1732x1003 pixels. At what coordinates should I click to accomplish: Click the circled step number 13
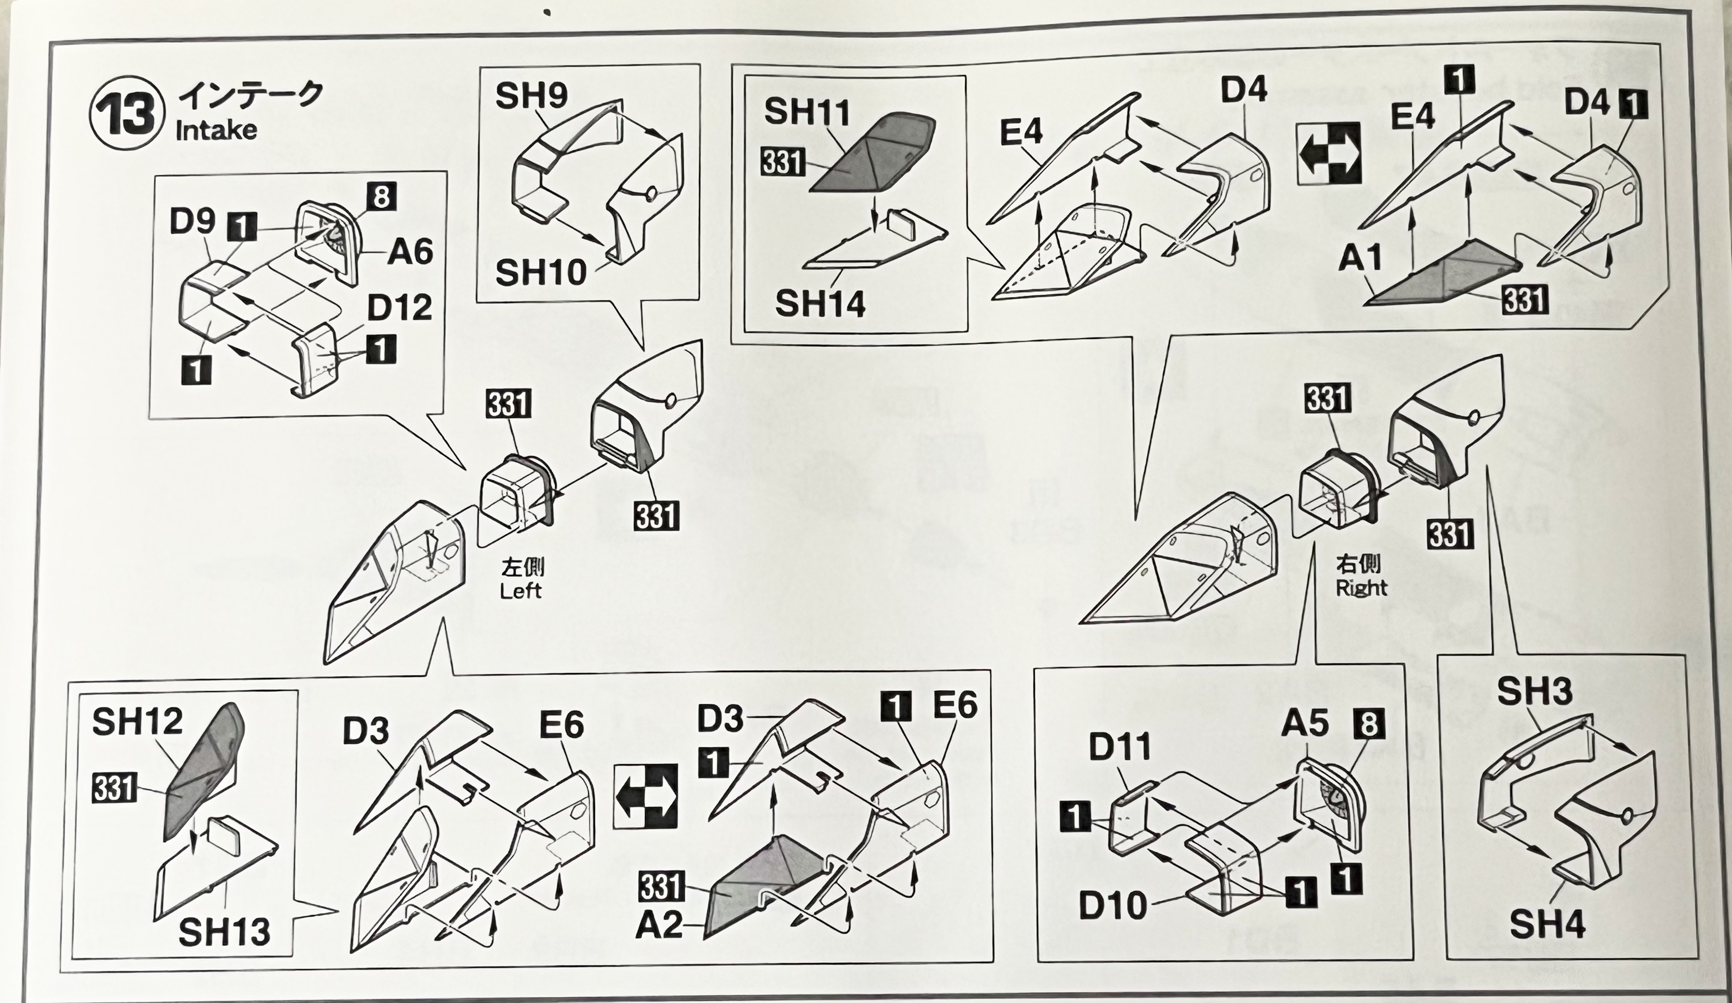tap(127, 113)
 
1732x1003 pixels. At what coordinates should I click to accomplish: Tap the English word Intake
tap(216, 130)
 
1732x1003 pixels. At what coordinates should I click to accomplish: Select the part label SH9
tap(531, 96)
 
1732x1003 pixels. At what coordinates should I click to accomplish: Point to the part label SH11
tap(807, 112)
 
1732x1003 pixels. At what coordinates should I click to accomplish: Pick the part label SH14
tap(820, 304)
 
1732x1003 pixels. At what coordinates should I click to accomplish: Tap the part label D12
tap(399, 307)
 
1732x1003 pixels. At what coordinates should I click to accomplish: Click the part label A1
tap(1360, 258)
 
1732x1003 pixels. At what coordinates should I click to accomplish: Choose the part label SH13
tap(224, 932)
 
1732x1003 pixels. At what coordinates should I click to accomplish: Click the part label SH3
tap(1535, 692)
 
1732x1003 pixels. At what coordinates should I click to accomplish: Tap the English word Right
tap(1361, 588)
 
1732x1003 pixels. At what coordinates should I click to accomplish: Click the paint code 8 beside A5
tap(1369, 724)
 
